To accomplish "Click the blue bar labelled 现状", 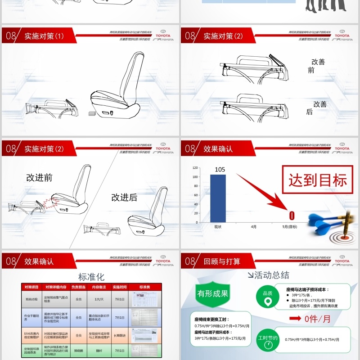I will [x=218, y=198].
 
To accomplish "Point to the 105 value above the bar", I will [x=220, y=170].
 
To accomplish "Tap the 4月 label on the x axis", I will [x=254, y=227].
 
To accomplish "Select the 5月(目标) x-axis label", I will [x=289, y=227].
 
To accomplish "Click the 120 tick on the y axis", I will [x=195, y=167].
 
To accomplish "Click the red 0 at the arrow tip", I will [x=292, y=216].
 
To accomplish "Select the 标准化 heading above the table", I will [x=91, y=277].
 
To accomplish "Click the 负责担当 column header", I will [x=78, y=287].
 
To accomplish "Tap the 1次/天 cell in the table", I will [x=99, y=299].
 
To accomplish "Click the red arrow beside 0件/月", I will [x=295, y=319].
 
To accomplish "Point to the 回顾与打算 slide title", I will [x=222, y=261].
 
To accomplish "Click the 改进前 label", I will [x=39, y=178].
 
